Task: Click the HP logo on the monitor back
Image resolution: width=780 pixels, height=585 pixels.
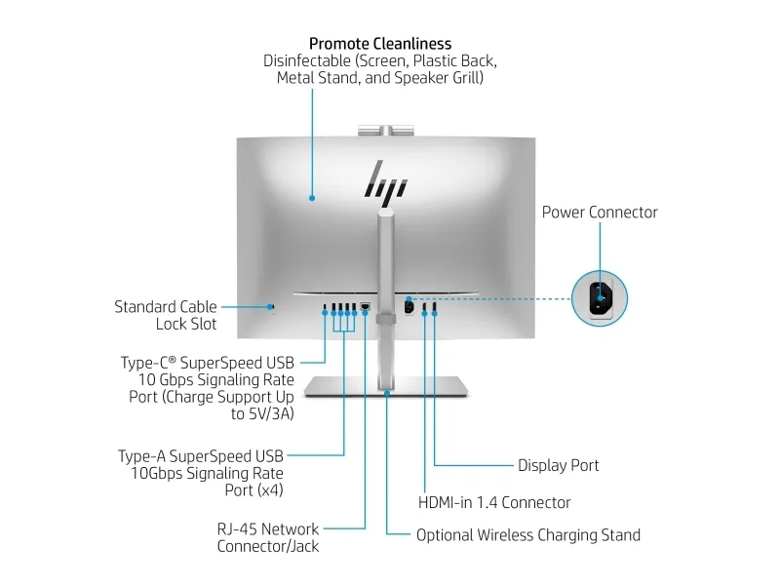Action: pyautogui.click(x=386, y=182)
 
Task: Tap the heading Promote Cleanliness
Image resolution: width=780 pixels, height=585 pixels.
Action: pyautogui.click(x=380, y=44)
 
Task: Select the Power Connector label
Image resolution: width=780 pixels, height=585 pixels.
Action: pyautogui.click(x=600, y=213)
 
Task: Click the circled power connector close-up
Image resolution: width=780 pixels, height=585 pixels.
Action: pyautogui.click(x=600, y=298)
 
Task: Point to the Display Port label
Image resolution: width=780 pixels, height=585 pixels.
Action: pyautogui.click(x=558, y=465)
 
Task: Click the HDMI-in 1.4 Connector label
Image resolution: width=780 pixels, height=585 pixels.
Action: pyautogui.click(x=494, y=502)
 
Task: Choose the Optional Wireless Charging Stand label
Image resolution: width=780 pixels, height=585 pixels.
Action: pyautogui.click(x=528, y=534)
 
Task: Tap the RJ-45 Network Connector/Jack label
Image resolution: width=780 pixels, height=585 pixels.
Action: pyautogui.click(x=268, y=537)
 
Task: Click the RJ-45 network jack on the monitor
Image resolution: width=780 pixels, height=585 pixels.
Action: pyautogui.click(x=365, y=306)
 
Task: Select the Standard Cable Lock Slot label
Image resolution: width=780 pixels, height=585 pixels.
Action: pyautogui.click(x=166, y=315)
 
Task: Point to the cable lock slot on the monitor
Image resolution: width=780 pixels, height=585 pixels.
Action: pyautogui.click(x=272, y=307)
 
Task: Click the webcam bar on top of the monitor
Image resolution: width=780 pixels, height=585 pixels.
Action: pyautogui.click(x=386, y=131)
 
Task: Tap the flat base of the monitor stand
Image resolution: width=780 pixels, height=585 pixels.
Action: pyautogui.click(x=386, y=386)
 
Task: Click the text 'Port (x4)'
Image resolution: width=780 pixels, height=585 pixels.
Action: pyautogui.click(x=253, y=490)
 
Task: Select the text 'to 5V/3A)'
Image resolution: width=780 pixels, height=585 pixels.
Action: pyautogui.click(x=262, y=413)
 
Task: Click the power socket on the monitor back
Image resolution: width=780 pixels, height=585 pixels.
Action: pyautogui.click(x=409, y=306)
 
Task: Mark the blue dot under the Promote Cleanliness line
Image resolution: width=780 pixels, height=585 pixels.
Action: pyautogui.click(x=312, y=198)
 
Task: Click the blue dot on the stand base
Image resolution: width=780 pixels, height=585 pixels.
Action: pyautogui.click(x=386, y=394)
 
